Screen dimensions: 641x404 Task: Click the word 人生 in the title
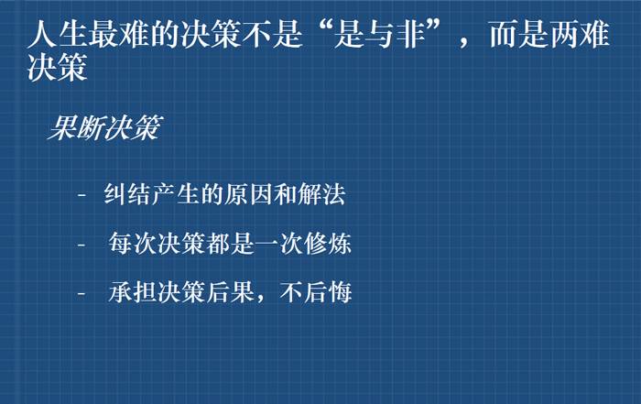(x=57, y=34)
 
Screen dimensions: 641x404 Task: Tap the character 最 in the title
(x=103, y=34)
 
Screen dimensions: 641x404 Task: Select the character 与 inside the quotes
(x=378, y=34)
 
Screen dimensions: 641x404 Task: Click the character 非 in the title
(x=408, y=34)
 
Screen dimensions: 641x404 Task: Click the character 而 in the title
(x=504, y=34)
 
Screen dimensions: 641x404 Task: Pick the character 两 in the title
(x=565, y=34)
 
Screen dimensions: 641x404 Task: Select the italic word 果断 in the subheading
(x=76, y=127)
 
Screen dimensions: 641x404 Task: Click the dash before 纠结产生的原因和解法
(x=81, y=195)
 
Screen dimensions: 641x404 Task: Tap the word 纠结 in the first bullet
(x=127, y=194)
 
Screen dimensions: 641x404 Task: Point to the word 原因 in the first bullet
(x=248, y=194)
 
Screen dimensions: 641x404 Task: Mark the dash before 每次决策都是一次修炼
(x=81, y=245)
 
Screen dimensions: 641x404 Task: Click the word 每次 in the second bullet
(x=133, y=244)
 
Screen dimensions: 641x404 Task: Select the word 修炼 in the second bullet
(x=328, y=244)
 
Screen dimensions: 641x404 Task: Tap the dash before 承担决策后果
(x=81, y=293)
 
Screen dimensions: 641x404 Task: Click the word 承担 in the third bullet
(x=133, y=292)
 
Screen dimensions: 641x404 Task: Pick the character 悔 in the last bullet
(x=340, y=292)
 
